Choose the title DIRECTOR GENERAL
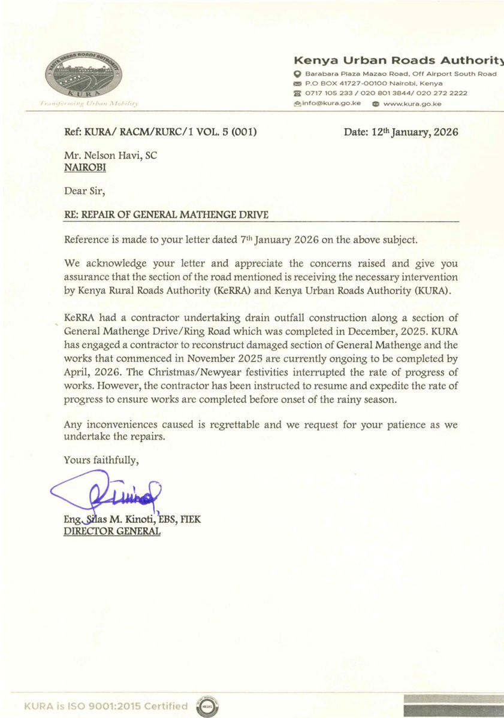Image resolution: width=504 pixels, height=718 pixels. (x=111, y=531)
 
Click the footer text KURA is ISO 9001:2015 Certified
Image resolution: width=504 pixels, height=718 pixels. (x=105, y=707)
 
